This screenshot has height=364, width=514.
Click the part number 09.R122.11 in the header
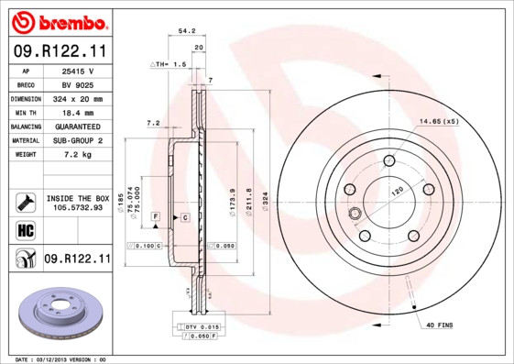click(57, 52)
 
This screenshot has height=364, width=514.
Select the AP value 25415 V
click(78, 71)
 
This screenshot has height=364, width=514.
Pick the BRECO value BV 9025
click(78, 84)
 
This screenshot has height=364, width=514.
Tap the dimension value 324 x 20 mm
click(78, 98)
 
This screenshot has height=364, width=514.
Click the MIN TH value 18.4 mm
click(78, 112)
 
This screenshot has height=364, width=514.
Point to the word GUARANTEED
click(78, 126)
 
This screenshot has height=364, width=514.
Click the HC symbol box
click(26, 230)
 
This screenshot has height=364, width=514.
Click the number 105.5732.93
click(78, 208)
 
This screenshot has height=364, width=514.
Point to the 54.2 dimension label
click(187, 30)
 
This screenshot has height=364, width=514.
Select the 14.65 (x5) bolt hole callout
click(439, 121)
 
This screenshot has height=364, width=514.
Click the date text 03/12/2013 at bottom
click(51, 359)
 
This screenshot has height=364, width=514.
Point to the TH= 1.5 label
click(169, 65)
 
